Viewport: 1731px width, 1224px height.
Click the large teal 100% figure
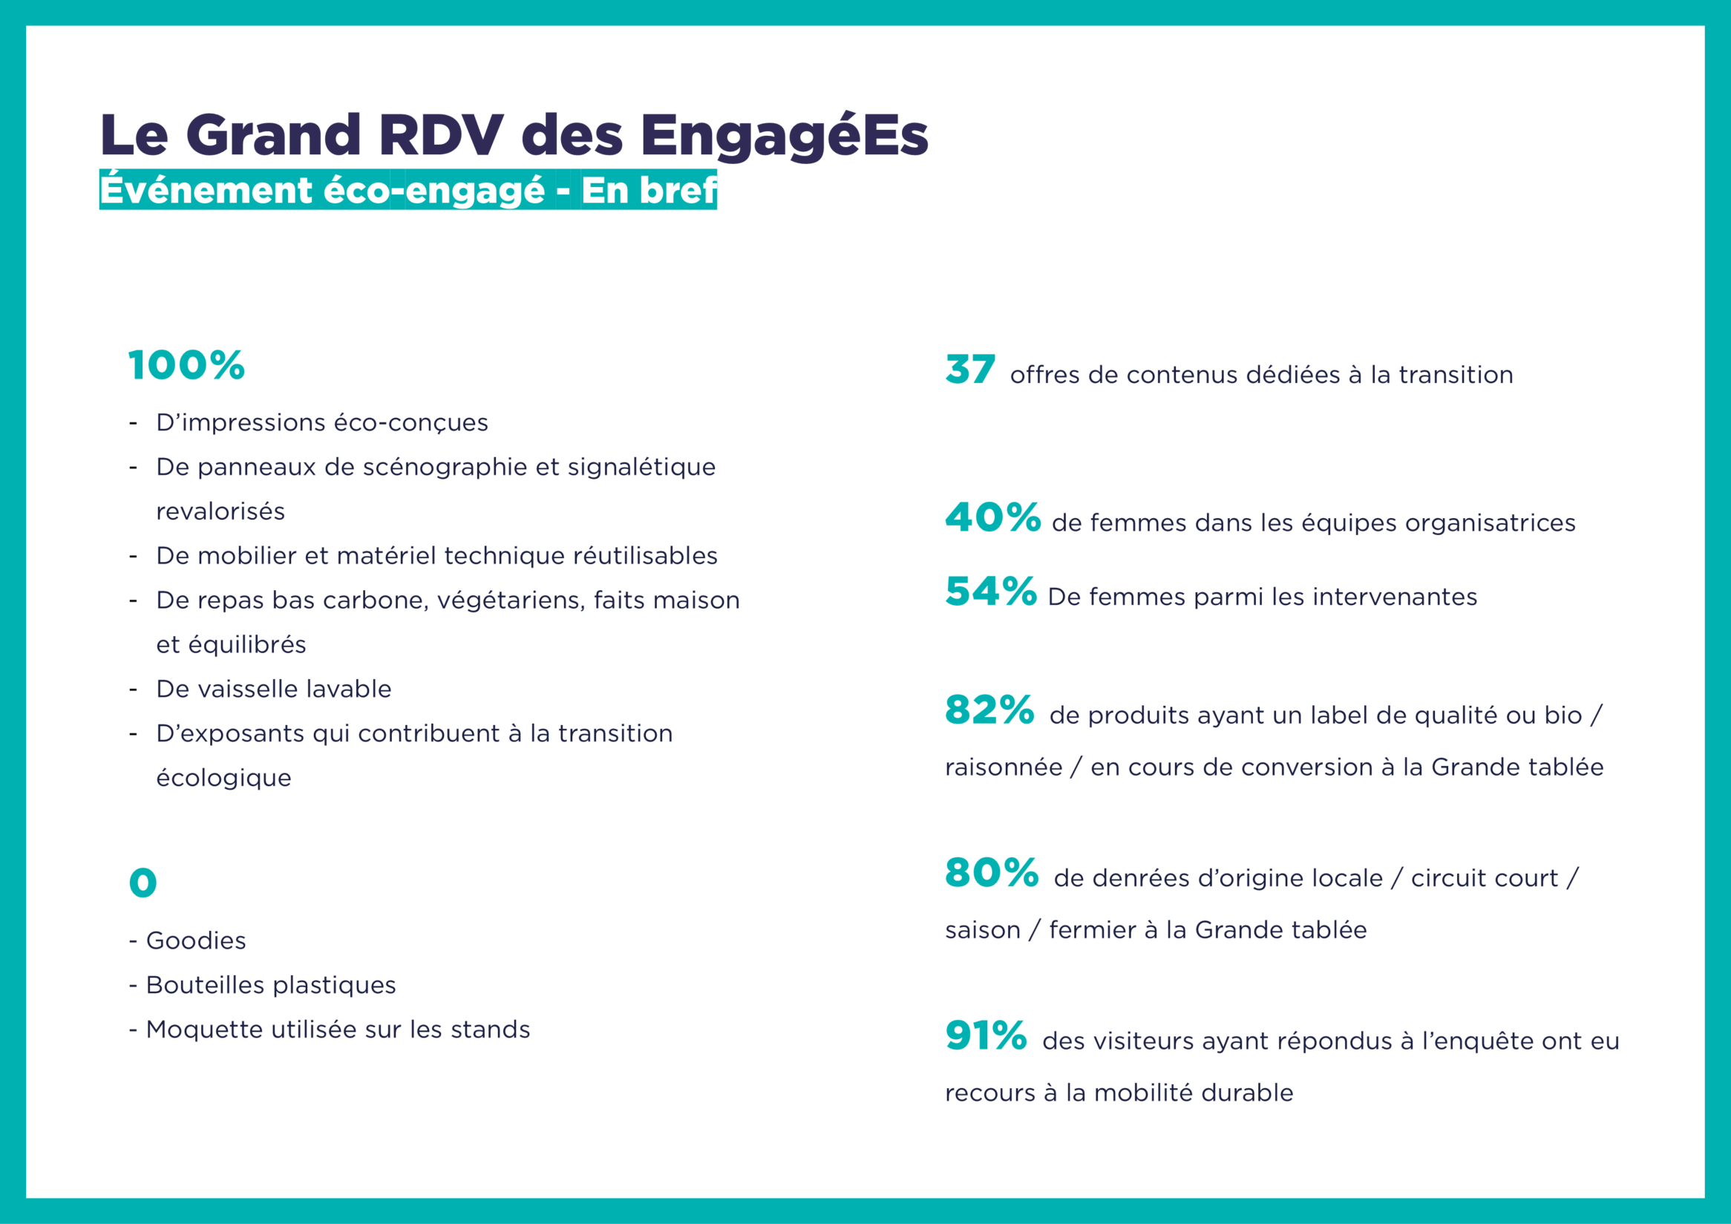pos(186,365)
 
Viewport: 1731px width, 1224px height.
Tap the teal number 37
pos(970,370)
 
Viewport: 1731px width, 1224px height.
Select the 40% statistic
pos(992,518)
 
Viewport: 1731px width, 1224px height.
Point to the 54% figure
pos(991,592)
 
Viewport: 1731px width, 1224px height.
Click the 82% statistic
pos(989,710)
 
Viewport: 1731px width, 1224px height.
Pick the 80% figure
pos(992,873)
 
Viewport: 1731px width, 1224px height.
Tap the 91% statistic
pos(985,1035)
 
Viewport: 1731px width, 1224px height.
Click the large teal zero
pos(143,883)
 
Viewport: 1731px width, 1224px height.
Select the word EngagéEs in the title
pos(784,136)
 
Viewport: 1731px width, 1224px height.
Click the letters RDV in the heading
pos(440,136)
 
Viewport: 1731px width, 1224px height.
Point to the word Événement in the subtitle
pos(206,190)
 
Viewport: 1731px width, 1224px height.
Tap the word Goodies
pos(196,940)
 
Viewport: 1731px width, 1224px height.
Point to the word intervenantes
pos(1394,597)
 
